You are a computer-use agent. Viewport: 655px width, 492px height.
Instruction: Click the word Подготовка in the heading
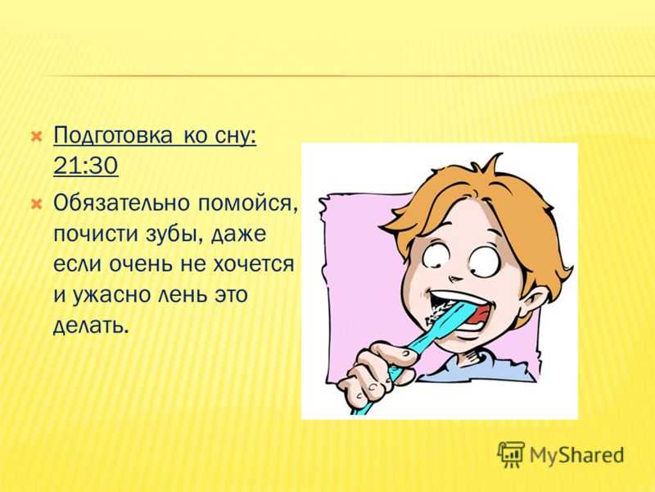[113, 135]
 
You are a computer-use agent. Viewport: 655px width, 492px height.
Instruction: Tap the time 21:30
[86, 166]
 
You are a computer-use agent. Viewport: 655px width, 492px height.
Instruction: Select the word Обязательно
[121, 203]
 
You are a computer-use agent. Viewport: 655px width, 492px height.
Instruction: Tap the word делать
[89, 326]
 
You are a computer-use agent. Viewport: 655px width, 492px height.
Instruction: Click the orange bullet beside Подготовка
[36, 136]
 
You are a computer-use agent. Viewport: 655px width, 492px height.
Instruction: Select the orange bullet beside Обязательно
[36, 204]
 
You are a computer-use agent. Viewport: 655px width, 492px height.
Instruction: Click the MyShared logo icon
[510, 454]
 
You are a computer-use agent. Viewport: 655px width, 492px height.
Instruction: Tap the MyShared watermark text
[577, 455]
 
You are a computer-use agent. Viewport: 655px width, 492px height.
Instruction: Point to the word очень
[141, 264]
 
